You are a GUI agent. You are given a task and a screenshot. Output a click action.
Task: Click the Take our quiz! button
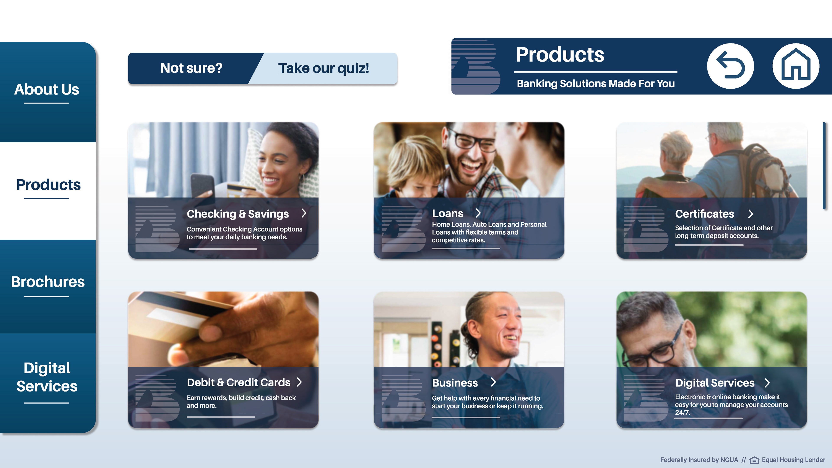click(323, 68)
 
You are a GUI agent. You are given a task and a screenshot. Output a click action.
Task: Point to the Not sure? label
click(191, 68)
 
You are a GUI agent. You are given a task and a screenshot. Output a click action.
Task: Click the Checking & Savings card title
click(238, 214)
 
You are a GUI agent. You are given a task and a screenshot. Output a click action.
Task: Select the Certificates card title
click(704, 214)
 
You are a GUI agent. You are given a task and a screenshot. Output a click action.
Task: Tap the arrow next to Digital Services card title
click(767, 383)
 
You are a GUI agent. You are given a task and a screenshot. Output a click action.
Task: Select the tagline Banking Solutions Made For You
click(596, 84)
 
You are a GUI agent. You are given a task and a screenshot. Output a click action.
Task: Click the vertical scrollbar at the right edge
click(824, 166)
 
